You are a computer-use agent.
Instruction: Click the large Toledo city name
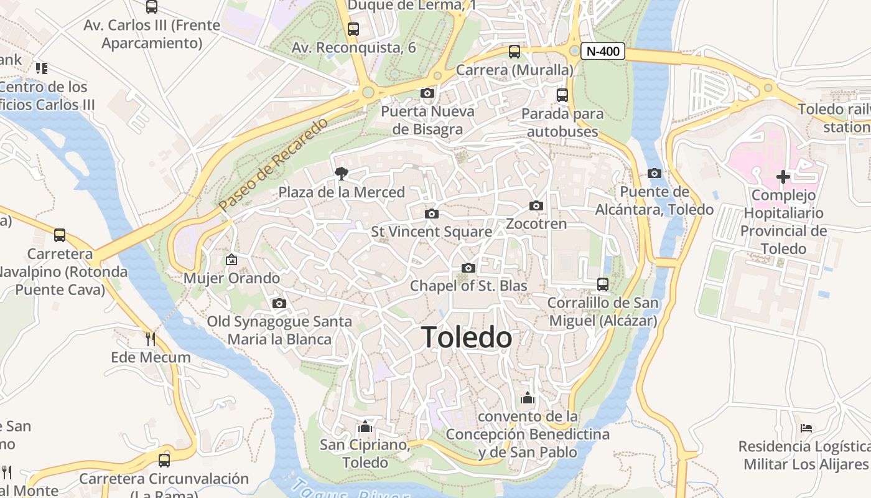467,338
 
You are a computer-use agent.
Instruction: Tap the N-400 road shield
603,51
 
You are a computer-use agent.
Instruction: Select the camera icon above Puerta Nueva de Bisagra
427,93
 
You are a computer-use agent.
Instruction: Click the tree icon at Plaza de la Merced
341,173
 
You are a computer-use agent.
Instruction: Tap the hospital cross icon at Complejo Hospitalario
783,177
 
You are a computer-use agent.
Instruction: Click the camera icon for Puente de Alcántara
654,173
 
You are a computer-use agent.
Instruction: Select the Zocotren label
536,223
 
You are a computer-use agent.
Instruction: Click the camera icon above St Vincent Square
431,214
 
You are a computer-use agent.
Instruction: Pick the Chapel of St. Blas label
468,286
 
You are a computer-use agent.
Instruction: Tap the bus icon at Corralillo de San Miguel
602,284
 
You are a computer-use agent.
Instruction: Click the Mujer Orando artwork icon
231,260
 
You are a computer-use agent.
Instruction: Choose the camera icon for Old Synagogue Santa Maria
279,303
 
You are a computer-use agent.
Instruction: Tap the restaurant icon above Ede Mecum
150,339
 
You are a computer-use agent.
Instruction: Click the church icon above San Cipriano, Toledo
365,426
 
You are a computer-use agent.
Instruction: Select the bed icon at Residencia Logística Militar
806,428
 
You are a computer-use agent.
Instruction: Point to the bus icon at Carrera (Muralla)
515,52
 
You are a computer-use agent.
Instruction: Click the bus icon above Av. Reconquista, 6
353,29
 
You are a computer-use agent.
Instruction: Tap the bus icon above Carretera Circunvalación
164,461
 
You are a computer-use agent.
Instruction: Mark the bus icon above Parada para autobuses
562,95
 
